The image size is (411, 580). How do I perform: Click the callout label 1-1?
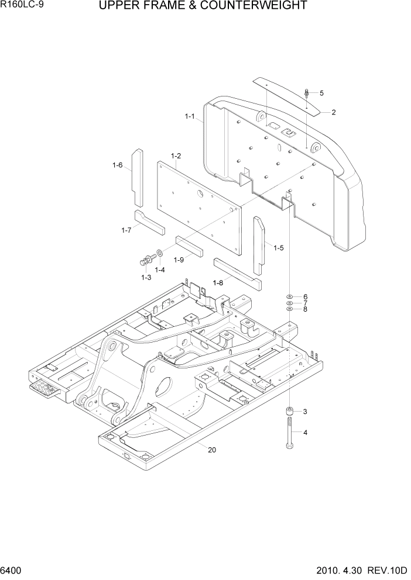(x=190, y=116)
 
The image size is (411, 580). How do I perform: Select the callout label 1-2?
(x=176, y=156)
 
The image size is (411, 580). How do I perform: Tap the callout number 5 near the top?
(x=321, y=93)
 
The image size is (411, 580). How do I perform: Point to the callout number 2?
(x=333, y=112)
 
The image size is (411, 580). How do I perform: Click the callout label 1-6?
(x=118, y=165)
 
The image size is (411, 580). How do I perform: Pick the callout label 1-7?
(x=126, y=230)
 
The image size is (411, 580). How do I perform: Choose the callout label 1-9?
(x=179, y=260)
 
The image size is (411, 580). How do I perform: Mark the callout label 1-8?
(x=218, y=283)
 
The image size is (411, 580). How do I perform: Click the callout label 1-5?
(x=279, y=248)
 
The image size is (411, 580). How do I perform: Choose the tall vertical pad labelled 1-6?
(x=136, y=174)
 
